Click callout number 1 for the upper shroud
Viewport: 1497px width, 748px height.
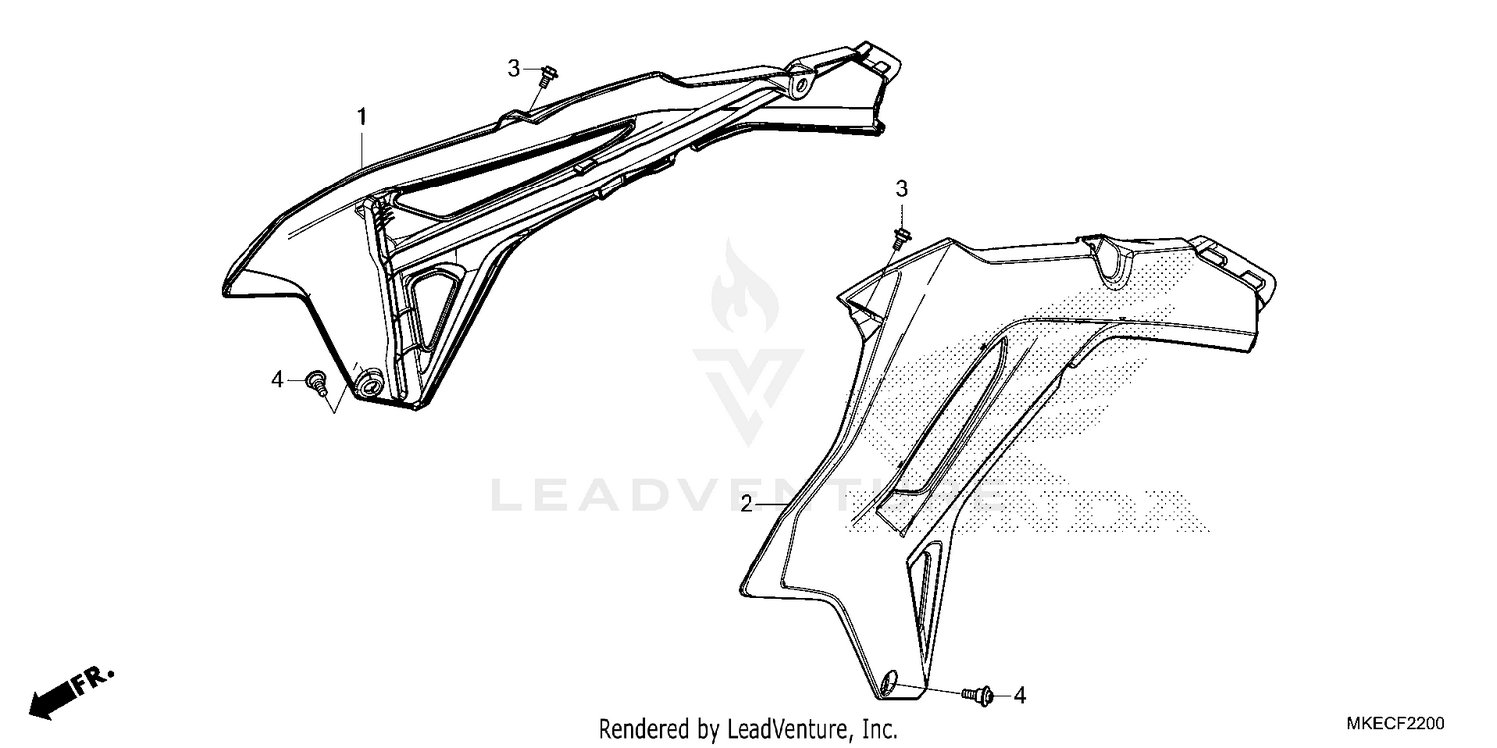362,117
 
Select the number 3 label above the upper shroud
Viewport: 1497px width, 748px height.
514,68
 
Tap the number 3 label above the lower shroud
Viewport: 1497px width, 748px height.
901,188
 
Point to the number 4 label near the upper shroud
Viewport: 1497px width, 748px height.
279,379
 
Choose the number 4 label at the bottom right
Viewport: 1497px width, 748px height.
1019,695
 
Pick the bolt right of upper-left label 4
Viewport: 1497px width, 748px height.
317,381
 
